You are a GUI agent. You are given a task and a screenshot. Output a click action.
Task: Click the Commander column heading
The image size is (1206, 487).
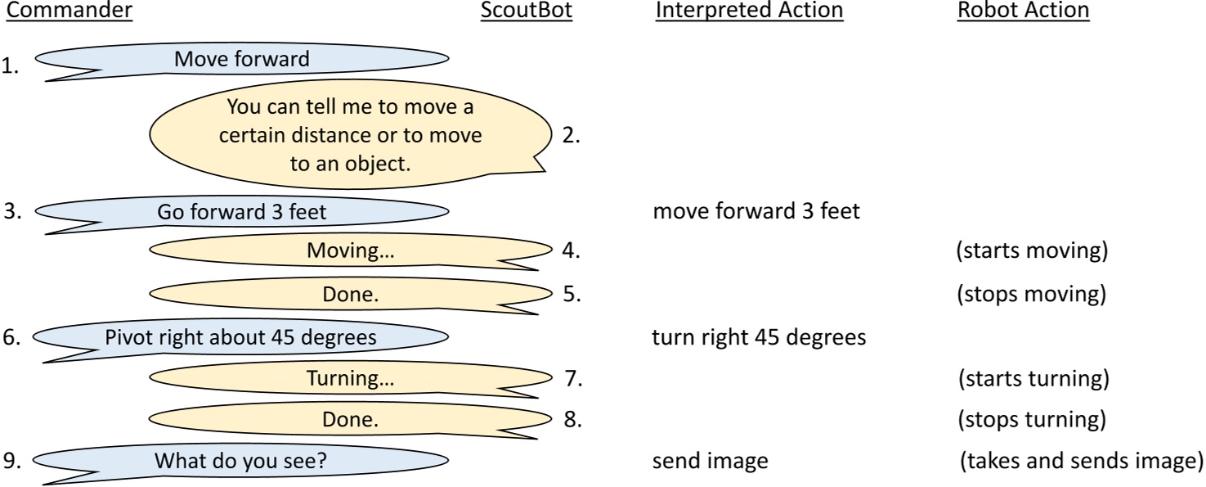[69, 11]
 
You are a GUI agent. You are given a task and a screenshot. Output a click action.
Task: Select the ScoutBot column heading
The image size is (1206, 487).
[526, 11]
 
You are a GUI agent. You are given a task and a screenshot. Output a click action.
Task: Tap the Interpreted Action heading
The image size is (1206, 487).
[748, 11]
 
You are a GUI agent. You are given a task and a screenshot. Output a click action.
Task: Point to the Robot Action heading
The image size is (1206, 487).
[1023, 11]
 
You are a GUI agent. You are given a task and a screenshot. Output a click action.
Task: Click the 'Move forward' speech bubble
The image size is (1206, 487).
[242, 60]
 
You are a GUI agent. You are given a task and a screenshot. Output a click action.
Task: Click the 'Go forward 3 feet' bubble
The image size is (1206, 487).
[242, 212]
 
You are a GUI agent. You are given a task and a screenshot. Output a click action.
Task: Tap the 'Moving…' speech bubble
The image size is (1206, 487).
[350, 251]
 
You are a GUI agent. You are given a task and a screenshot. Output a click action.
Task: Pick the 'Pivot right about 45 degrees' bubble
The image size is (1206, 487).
[242, 337]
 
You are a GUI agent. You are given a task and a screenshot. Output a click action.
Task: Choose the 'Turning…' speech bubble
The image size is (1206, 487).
[350, 379]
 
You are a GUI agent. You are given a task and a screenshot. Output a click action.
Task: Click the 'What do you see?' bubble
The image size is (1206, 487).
[242, 461]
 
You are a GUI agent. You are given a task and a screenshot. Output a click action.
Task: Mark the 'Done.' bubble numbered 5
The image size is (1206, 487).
[350, 294]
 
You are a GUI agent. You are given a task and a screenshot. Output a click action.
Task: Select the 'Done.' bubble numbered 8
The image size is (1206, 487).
[350, 420]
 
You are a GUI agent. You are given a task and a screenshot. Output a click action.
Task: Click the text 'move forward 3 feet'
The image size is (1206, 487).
[756, 212]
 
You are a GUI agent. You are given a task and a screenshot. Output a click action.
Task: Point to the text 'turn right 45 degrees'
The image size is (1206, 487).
[759, 337]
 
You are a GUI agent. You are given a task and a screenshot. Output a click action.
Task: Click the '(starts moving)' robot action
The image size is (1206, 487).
[1032, 251]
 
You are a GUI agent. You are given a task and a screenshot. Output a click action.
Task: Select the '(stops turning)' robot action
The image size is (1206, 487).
[1033, 420]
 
